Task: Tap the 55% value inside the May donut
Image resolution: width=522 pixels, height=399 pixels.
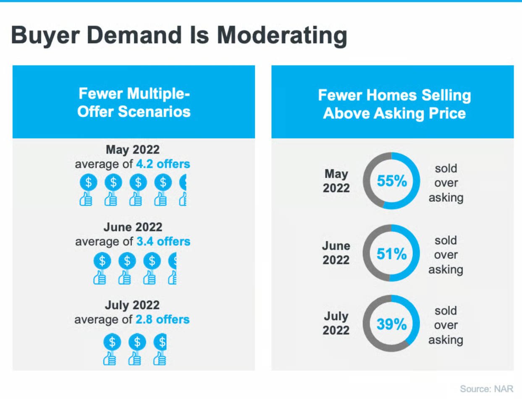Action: click(x=391, y=181)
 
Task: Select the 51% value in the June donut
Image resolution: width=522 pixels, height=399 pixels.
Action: click(x=391, y=254)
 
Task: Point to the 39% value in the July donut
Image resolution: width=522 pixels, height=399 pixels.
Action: click(x=391, y=324)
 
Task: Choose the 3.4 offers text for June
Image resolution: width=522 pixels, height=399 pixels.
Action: click(x=163, y=242)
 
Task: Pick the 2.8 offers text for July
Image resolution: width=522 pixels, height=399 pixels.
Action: click(x=163, y=320)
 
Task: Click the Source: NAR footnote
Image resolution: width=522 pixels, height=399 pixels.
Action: click(x=486, y=388)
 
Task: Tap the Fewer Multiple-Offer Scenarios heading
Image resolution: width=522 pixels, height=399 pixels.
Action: click(x=134, y=102)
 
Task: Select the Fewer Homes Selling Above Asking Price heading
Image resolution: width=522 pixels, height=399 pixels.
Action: click(x=394, y=104)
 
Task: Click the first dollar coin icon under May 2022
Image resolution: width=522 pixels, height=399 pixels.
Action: click(x=88, y=183)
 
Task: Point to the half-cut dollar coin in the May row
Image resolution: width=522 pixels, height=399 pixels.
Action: click(x=183, y=183)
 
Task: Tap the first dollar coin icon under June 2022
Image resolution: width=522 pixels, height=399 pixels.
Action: click(x=102, y=261)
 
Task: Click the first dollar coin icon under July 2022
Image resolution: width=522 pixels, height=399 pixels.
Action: click(x=112, y=342)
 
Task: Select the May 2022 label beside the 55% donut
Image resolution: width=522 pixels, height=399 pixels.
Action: click(x=336, y=181)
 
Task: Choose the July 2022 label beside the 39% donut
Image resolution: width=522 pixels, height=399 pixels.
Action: click(x=336, y=323)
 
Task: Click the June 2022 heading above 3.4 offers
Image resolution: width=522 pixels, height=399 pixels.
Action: click(x=133, y=227)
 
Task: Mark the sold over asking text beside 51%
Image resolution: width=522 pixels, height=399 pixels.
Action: click(x=446, y=255)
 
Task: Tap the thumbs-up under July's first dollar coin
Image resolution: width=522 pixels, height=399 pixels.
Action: click(x=110, y=359)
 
